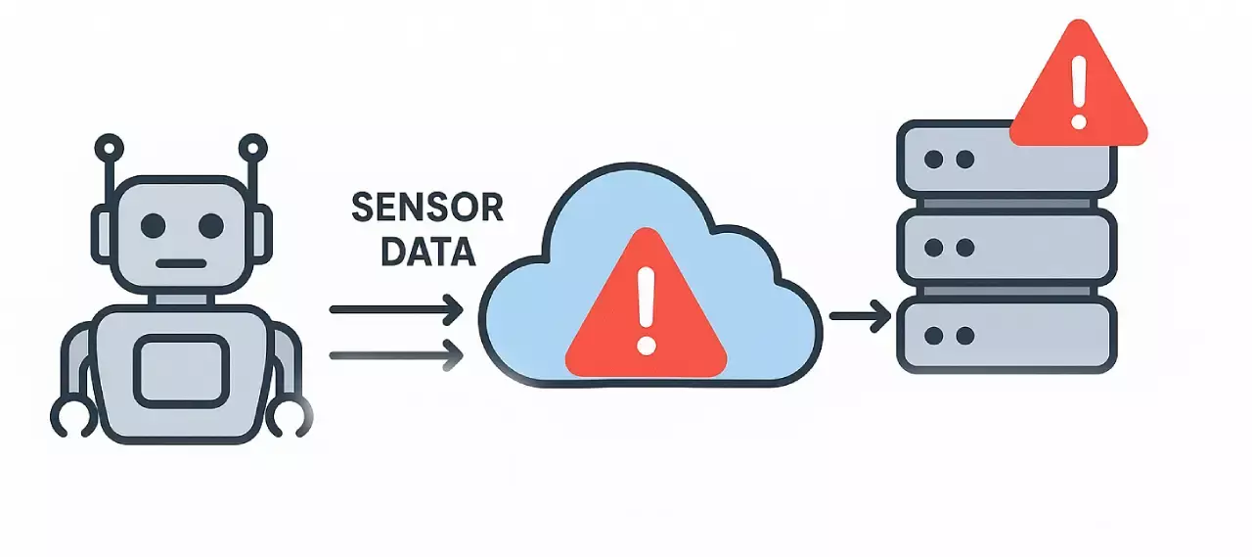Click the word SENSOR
tap(426, 209)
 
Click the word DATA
tap(427, 253)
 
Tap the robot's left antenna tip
tap(109, 149)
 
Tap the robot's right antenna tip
tap(252, 149)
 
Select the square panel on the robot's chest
tap(181, 370)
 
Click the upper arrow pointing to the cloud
tap(395, 310)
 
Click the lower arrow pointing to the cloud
tap(395, 354)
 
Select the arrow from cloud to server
tap(860, 316)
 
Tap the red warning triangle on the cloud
tap(647, 308)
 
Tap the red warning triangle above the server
tap(1077, 88)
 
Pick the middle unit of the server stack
tap(1006, 248)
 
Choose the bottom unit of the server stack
tap(1006, 336)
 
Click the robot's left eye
tap(154, 226)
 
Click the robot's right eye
tap(210, 226)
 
